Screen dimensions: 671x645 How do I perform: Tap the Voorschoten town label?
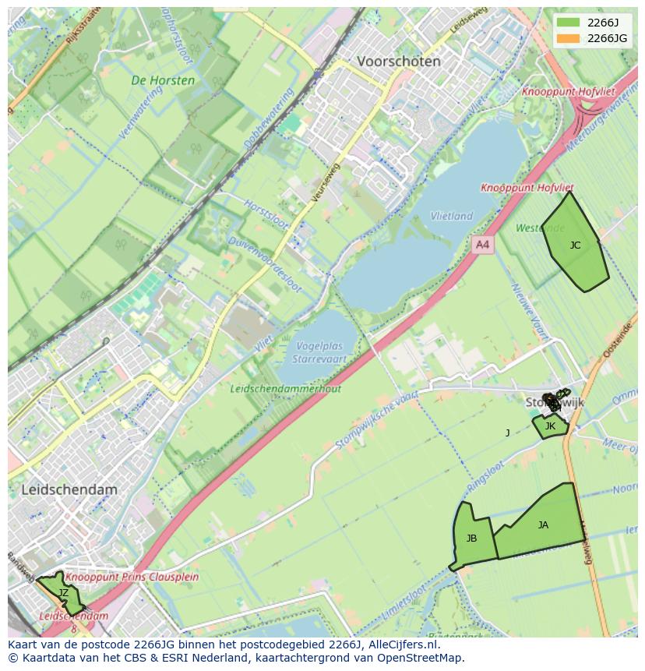pyautogui.click(x=398, y=62)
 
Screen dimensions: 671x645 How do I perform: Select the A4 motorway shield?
pyautogui.click(x=483, y=245)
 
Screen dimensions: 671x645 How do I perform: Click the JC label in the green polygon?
pyautogui.click(x=575, y=245)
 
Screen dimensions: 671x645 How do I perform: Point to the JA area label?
pyautogui.click(x=543, y=525)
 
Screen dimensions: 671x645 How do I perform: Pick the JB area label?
pyautogui.click(x=471, y=539)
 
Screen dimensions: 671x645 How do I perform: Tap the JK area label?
pyautogui.click(x=550, y=426)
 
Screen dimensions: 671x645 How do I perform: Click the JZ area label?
pyautogui.click(x=63, y=593)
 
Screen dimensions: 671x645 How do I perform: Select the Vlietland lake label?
pyautogui.click(x=452, y=216)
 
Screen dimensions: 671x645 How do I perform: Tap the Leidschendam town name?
pyautogui.click(x=69, y=490)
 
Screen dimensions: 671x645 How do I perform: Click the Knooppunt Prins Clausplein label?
pyautogui.click(x=132, y=577)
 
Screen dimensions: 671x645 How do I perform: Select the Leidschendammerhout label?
pyautogui.click(x=286, y=388)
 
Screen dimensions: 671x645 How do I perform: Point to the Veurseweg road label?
pyautogui.click(x=325, y=184)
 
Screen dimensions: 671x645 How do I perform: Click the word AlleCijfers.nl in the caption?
pyautogui.click(x=400, y=645)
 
